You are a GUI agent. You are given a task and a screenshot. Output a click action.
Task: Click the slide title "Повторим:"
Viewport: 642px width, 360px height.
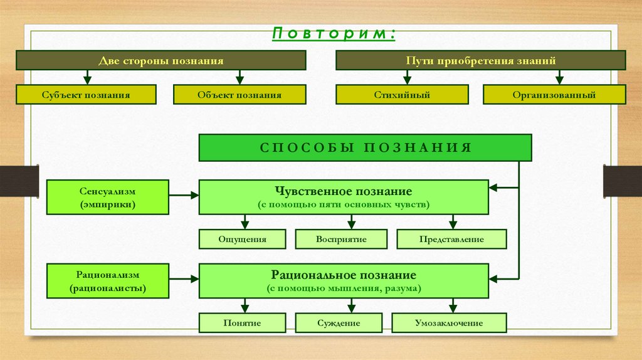pos(333,33)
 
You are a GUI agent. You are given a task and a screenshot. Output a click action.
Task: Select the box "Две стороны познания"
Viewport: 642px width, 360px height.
pos(161,60)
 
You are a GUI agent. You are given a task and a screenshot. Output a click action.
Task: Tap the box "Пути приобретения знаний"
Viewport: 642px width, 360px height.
pos(480,60)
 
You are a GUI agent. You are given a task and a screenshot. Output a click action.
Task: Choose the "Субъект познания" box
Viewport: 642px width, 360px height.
pos(87,95)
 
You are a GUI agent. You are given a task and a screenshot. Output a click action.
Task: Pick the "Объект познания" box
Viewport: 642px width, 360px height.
pos(239,95)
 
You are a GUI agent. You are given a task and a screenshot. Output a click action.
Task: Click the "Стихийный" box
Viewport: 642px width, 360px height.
pos(402,95)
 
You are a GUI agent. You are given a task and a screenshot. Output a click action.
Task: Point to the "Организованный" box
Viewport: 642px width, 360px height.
pos(554,95)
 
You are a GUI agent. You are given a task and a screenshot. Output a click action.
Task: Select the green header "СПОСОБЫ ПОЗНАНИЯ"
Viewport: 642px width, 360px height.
pos(366,147)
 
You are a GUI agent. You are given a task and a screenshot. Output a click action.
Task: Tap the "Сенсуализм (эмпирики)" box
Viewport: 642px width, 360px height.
pos(108,197)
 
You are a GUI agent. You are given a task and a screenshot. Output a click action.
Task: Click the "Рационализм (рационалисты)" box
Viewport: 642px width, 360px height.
pos(108,281)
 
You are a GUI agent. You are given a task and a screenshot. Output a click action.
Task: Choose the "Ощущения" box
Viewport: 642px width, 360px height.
pos(243,239)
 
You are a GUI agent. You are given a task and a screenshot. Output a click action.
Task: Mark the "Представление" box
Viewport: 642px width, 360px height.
pos(451,239)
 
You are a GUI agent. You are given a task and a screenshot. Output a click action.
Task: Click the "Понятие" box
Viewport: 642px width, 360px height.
pos(243,323)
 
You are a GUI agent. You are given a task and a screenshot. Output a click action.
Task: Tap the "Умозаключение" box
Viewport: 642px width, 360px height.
pos(449,323)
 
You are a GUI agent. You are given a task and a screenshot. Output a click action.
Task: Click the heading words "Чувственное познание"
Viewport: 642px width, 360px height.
pos(344,191)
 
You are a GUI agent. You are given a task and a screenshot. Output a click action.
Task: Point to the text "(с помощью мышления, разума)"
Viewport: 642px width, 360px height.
pos(344,289)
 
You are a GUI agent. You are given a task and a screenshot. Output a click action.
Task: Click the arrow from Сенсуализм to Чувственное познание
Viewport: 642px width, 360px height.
pos(184,196)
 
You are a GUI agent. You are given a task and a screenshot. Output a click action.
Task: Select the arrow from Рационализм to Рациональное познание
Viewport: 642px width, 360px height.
pos(184,280)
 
